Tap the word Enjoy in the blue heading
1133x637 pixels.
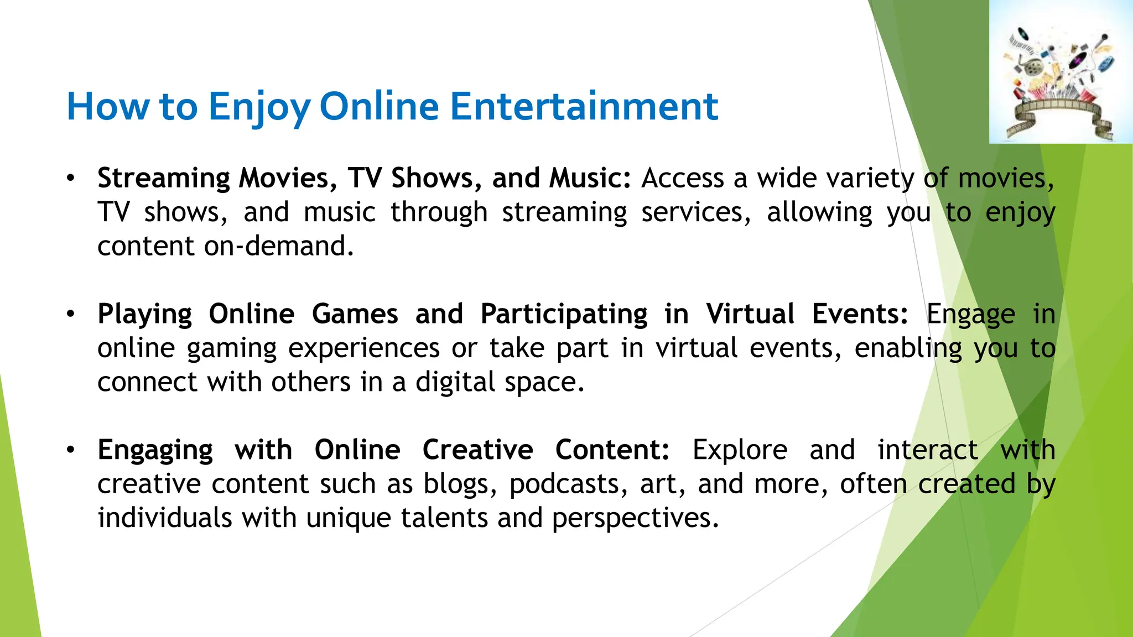tap(259, 107)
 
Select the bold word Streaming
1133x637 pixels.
tap(163, 179)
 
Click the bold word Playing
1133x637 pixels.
tap(144, 315)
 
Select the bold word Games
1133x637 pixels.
tap(355, 314)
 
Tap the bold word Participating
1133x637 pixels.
tap(564, 315)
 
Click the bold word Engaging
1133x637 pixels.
tap(155, 451)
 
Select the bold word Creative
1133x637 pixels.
tap(477, 450)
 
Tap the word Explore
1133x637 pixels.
tap(740, 450)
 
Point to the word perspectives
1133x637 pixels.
tap(635, 519)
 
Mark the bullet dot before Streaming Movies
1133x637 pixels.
tap(70, 179)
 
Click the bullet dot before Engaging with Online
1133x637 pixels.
tap(70, 450)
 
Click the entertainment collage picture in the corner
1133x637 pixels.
tap(1061, 72)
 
